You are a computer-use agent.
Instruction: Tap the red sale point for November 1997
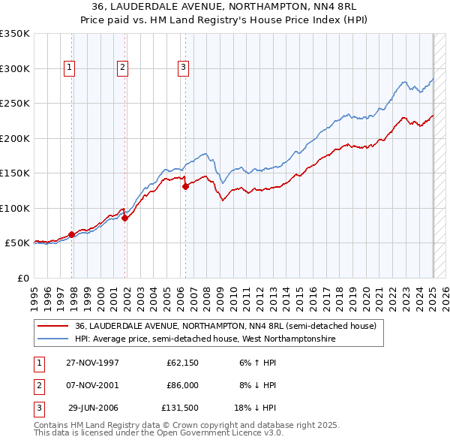coord(72,234)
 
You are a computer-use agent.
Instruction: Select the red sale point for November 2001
coord(125,218)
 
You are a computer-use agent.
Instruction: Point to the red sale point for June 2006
coord(185,186)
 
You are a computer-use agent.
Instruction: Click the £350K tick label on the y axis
coord(15,34)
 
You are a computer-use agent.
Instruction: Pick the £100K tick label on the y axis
coord(15,208)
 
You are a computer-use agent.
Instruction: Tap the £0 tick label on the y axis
coord(22,278)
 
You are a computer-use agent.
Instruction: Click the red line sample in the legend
coord(52,326)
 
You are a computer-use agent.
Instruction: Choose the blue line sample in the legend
coord(52,339)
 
